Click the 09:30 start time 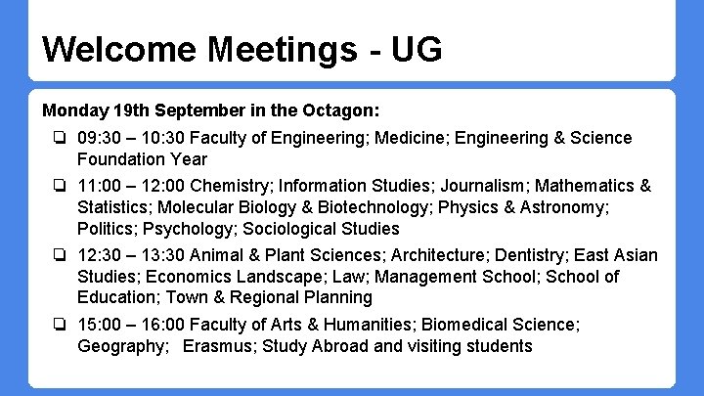100,138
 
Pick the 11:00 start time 99,186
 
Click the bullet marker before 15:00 61,325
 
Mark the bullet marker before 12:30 61,255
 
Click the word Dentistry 512,255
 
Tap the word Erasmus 217,346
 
